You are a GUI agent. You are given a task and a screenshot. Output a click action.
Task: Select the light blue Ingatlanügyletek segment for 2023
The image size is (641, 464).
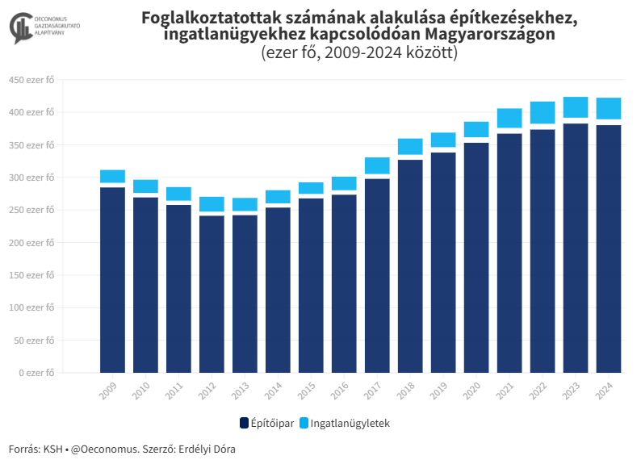click(x=575, y=107)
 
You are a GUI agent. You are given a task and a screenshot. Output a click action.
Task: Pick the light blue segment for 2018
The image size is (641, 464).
click(x=410, y=146)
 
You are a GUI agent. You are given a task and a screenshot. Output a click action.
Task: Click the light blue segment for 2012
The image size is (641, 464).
click(x=212, y=204)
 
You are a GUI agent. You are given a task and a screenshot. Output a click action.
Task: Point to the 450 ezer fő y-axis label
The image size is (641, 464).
click(x=31, y=79)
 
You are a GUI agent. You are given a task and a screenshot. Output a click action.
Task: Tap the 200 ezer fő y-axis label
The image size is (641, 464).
click(x=31, y=242)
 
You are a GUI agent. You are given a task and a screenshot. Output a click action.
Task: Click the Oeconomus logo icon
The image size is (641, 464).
click(x=20, y=29)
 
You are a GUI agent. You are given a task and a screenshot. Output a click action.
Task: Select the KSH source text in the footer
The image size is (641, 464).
click(x=52, y=449)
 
